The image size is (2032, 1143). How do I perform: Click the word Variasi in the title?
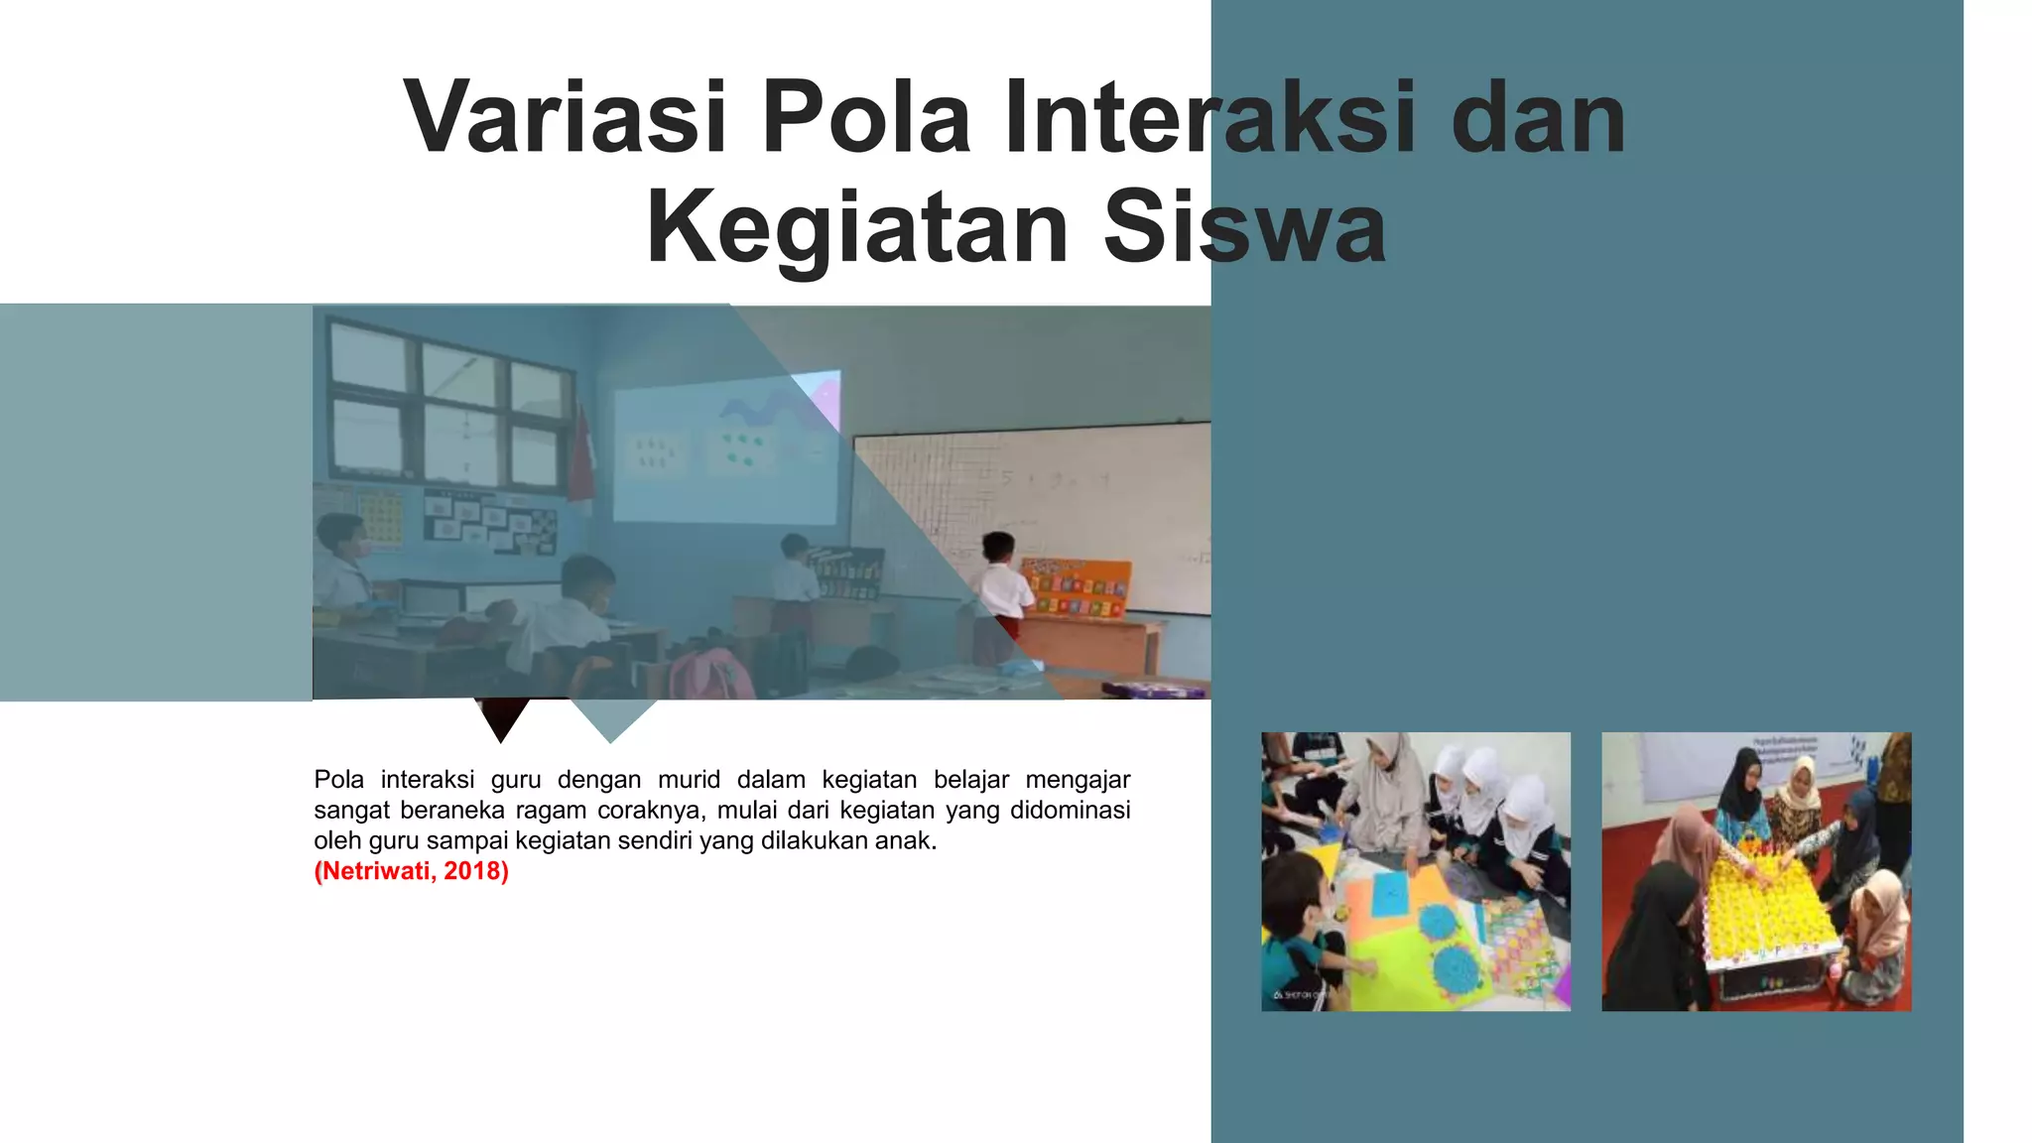[x=566, y=117]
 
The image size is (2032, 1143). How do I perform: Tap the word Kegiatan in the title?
[x=856, y=228]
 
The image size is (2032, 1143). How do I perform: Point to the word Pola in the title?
[x=865, y=117]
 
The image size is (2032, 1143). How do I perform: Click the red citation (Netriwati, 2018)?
[x=411, y=871]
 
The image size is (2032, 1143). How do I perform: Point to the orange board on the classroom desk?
[x=1077, y=587]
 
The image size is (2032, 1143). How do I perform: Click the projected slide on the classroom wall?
[x=726, y=451]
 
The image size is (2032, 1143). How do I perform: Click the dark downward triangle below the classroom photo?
[x=501, y=718]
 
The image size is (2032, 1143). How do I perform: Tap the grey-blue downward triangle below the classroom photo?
[x=612, y=718]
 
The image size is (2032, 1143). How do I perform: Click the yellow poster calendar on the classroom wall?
[x=381, y=517]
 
